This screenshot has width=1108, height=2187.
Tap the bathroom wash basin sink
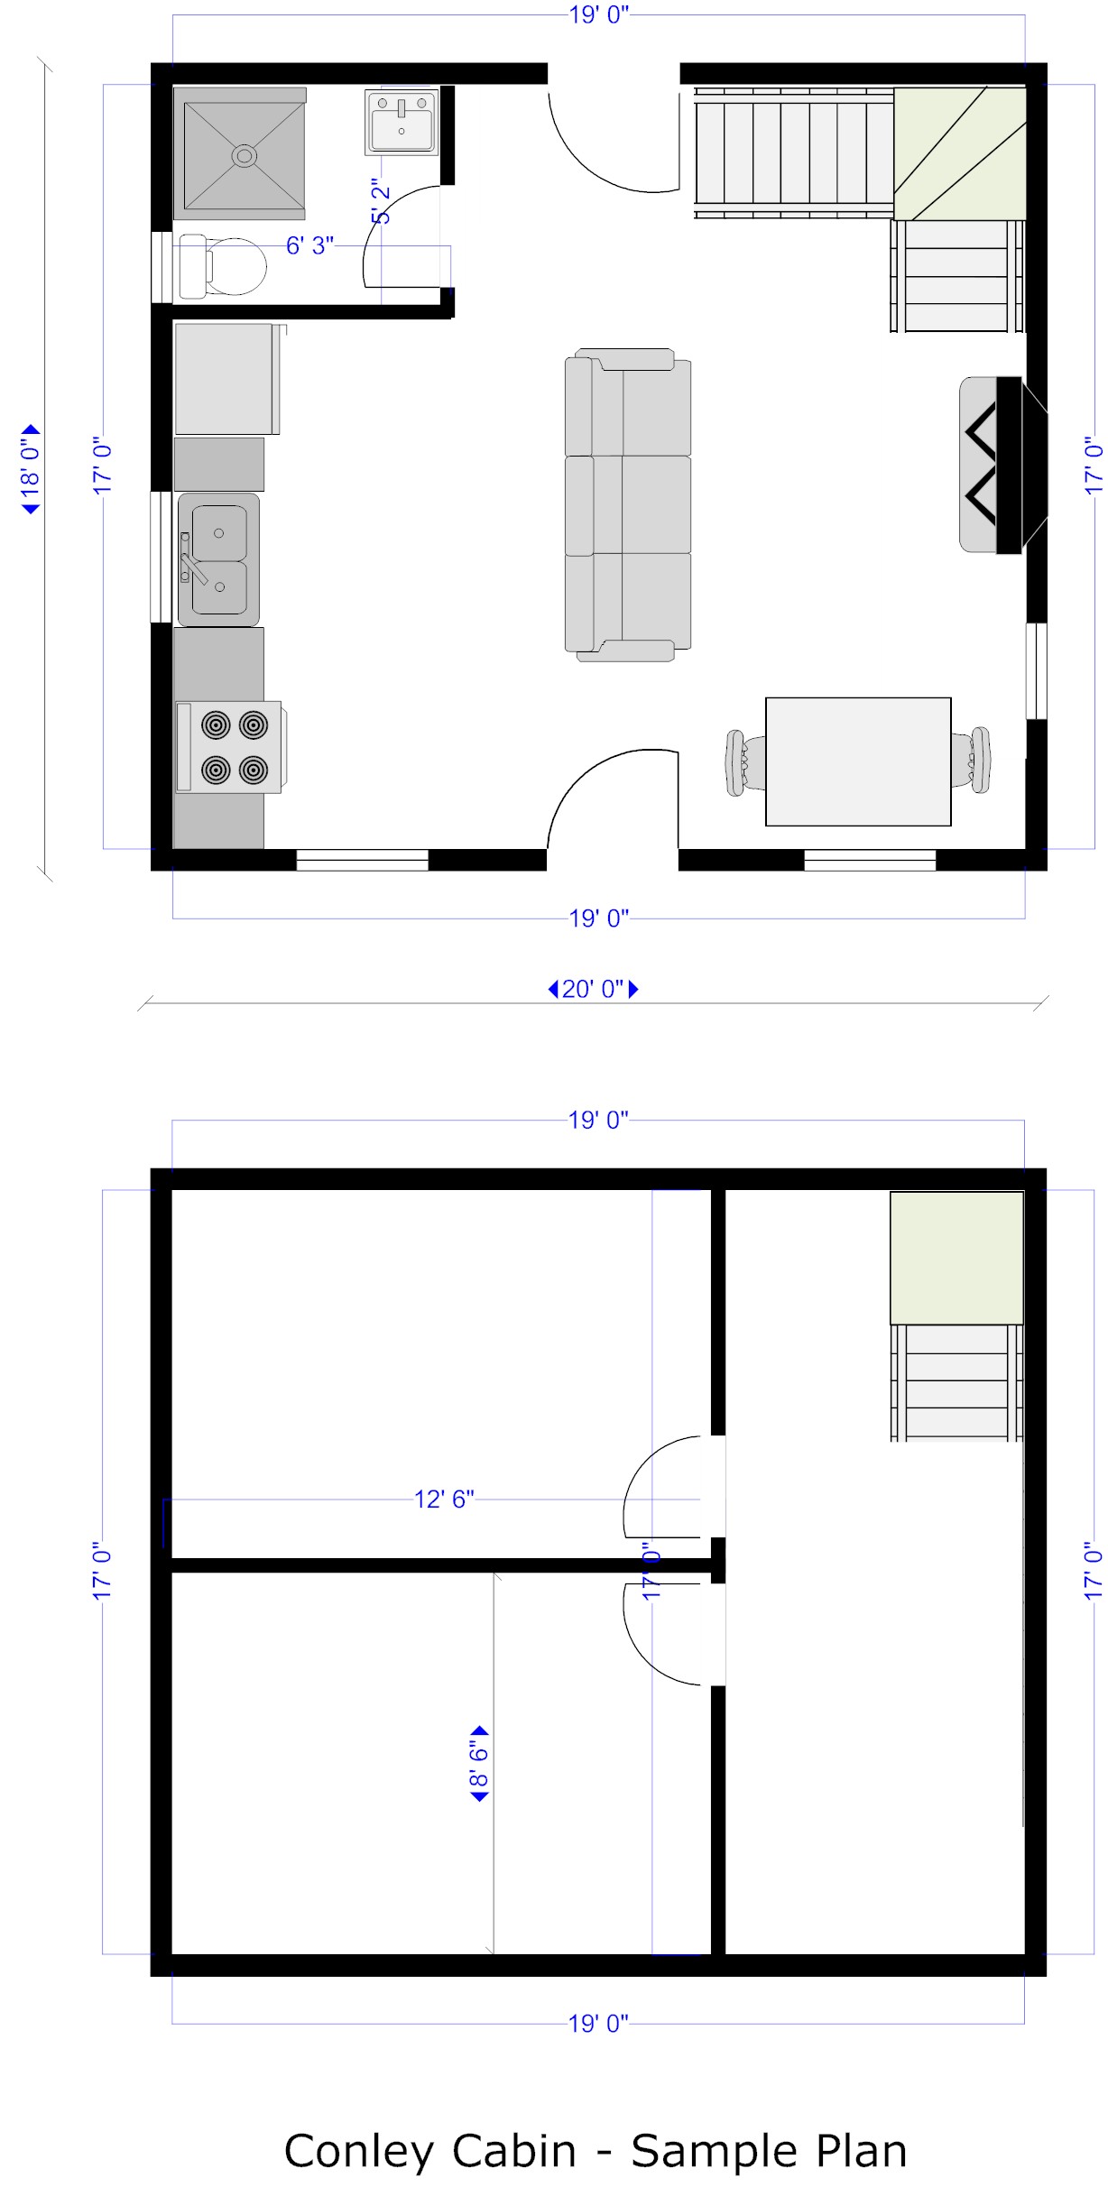pyautogui.click(x=402, y=121)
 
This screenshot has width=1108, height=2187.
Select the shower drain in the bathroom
pyautogui.click(x=244, y=155)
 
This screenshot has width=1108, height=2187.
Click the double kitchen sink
pyautogui.click(x=218, y=559)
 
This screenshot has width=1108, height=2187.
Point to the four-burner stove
pyautogui.click(x=229, y=747)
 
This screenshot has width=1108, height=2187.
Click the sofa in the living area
pyautogui.click(x=628, y=505)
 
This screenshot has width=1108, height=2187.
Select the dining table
pyautogui.click(x=858, y=761)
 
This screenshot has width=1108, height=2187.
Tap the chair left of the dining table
pyautogui.click(x=745, y=762)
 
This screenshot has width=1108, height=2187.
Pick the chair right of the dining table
pyautogui.click(x=971, y=760)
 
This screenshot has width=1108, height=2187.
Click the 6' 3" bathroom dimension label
pyautogui.click(x=310, y=245)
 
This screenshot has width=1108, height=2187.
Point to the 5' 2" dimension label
pyautogui.click(x=382, y=201)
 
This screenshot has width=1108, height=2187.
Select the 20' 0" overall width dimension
pyautogui.click(x=594, y=989)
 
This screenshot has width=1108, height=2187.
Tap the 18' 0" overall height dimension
pyautogui.click(x=31, y=469)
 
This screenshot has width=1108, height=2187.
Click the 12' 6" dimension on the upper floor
pyautogui.click(x=444, y=1499)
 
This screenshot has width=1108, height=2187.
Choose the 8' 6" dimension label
pyautogui.click(x=479, y=1764)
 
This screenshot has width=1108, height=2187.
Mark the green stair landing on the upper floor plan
pyautogui.click(x=957, y=1258)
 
